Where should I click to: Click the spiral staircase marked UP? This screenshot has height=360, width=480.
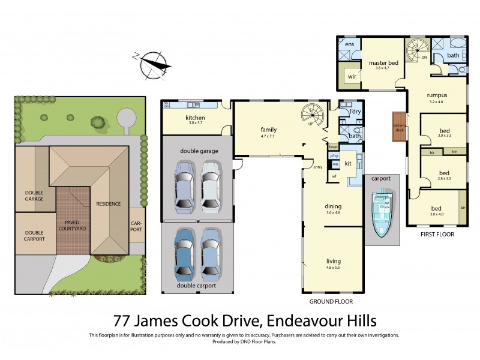point(312,113)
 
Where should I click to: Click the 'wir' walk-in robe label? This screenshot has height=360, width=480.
point(352,77)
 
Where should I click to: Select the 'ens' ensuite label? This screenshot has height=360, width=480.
point(349,44)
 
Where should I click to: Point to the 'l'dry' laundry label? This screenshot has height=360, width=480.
point(353,112)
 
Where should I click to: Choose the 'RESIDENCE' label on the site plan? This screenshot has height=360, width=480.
point(108,203)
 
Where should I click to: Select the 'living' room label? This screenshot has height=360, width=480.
point(333,261)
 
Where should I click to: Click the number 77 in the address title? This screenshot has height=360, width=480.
point(125,320)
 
